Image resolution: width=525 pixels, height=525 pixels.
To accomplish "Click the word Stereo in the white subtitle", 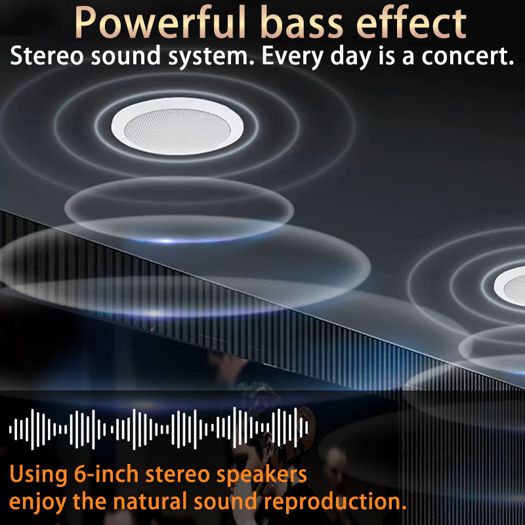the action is point(47,56).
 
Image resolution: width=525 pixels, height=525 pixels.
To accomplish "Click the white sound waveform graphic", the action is point(158,429).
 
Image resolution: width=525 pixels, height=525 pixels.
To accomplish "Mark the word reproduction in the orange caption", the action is point(335,503).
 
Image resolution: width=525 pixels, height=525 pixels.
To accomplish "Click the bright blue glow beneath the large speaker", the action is point(167,241).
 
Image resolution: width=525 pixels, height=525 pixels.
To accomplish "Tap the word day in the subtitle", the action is point(350,57).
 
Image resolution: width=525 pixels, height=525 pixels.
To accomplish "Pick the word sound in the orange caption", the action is point(225,501).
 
